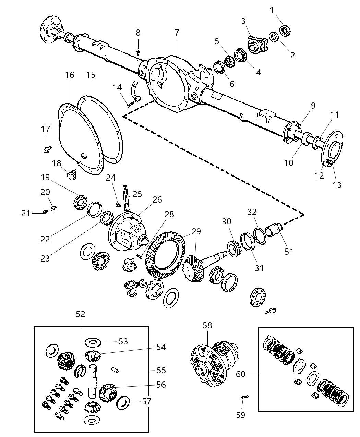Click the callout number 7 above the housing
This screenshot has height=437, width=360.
pyautogui.click(x=177, y=33)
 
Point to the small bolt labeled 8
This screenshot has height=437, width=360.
pyautogui.click(x=139, y=52)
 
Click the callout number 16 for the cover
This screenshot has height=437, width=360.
pyautogui.click(x=70, y=75)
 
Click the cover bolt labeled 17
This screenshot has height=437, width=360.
pyautogui.click(x=47, y=149)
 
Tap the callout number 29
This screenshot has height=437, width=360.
pyautogui.click(x=196, y=231)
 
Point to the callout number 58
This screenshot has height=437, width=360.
pyautogui.click(x=207, y=325)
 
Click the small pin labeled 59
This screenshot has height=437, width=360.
pyautogui.click(x=245, y=397)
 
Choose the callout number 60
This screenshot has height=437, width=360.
pyautogui.click(x=241, y=374)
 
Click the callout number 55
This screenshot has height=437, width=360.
pyautogui.click(x=161, y=371)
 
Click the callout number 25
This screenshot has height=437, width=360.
pyautogui.click(x=137, y=194)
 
